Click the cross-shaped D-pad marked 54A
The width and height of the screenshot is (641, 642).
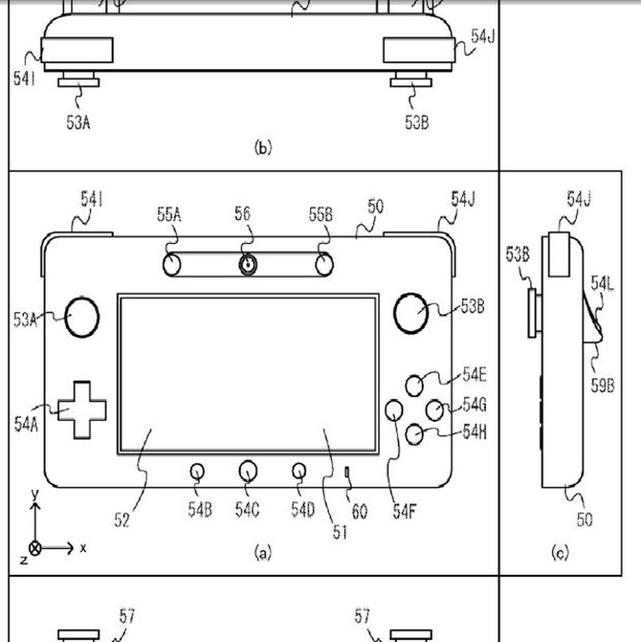(81, 410)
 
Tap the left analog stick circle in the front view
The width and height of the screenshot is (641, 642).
(82, 317)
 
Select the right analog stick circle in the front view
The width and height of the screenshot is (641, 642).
(411, 312)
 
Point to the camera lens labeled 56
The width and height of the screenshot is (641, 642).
(248, 264)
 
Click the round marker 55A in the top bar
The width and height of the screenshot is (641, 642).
(171, 264)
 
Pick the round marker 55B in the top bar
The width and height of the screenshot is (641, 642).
(324, 264)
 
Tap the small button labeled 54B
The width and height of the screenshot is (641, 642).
(197, 471)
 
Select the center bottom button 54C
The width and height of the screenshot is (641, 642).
(248, 470)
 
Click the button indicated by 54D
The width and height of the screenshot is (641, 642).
(299, 470)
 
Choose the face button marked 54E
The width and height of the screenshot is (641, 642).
(414, 385)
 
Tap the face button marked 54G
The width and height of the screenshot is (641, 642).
(434, 410)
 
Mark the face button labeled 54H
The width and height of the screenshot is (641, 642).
(414, 434)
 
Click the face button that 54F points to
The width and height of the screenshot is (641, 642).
(393, 410)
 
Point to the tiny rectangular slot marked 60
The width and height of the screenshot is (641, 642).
(347, 471)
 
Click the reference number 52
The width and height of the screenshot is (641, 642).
(122, 519)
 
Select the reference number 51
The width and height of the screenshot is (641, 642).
(340, 531)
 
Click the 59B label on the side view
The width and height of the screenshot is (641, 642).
(603, 385)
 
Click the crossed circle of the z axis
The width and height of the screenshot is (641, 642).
(35, 548)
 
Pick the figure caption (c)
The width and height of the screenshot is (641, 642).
(560, 553)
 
